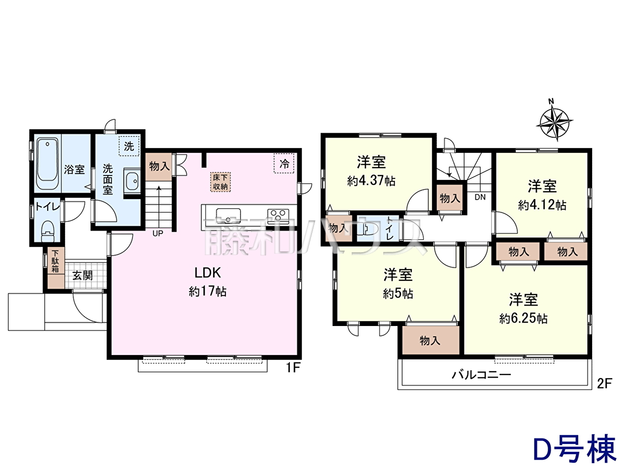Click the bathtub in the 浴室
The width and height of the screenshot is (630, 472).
pyautogui.click(x=48, y=164)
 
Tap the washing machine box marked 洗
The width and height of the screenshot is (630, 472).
pyautogui.click(x=129, y=146)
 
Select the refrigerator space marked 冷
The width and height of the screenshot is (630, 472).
pyautogui.click(x=284, y=164)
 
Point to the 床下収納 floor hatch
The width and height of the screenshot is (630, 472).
pyautogui.click(x=220, y=182)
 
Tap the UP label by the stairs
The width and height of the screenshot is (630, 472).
pyautogui.click(x=157, y=234)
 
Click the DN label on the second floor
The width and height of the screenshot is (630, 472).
pyautogui.click(x=480, y=197)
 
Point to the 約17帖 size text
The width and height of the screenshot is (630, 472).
pyautogui.click(x=208, y=292)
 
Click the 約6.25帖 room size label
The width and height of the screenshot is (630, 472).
pyautogui.click(x=523, y=319)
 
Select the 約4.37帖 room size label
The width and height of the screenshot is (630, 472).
pyautogui.click(x=372, y=181)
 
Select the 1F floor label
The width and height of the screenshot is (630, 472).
pyautogui.click(x=292, y=368)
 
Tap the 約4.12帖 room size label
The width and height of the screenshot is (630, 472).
pyautogui.click(x=542, y=205)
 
